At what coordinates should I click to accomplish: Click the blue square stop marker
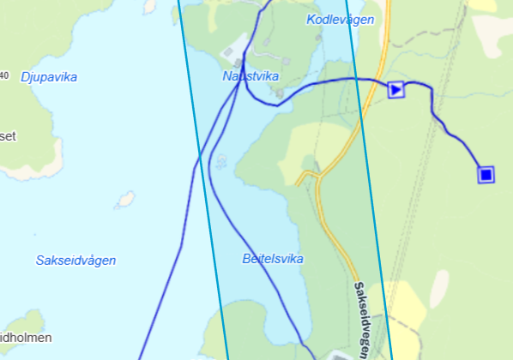(486, 175)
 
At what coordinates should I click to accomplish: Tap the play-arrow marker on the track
(395, 88)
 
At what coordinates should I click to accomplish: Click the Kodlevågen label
(340, 19)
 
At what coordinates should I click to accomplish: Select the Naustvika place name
(250, 76)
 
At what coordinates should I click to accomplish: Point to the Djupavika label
(48, 77)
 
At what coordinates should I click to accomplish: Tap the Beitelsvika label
(273, 258)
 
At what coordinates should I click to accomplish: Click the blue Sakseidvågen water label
(75, 260)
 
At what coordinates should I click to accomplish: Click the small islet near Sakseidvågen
(125, 200)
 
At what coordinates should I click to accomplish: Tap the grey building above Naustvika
(232, 53)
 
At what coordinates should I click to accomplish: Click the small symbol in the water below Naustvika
(221, 159)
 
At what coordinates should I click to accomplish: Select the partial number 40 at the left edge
(4, 75)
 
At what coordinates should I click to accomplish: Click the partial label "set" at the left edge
(8, 135)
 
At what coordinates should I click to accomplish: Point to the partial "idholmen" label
(26, 337)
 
